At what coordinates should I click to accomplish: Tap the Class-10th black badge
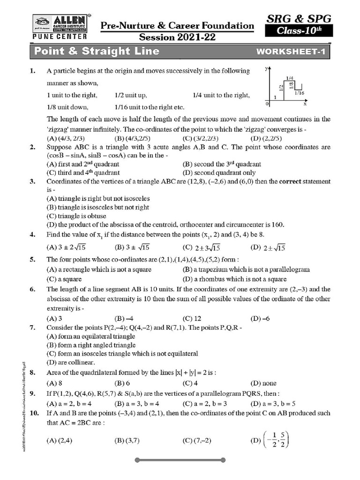pos(299,31)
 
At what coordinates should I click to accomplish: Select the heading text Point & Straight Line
pos(97,52)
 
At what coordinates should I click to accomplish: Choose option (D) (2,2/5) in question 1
pos(266,138)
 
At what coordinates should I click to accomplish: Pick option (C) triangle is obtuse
pos(76,216)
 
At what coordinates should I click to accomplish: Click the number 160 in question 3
pos(278,225)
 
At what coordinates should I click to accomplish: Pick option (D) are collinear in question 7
pos(71,362)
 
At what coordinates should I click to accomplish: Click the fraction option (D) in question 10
pos(271,440)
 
